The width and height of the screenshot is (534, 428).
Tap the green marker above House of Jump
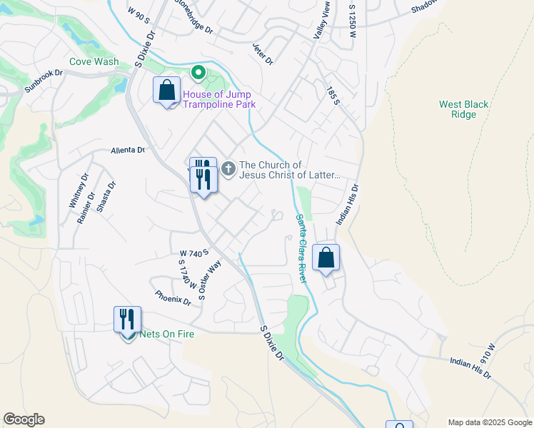[x=198, y=73]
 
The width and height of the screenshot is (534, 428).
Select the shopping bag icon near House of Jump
[x=166, y=91]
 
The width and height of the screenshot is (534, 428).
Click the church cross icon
[x=228, y=169]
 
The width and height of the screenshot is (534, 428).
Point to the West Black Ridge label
[x=464, y=109]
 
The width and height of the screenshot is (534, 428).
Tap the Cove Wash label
[x=94, y=61]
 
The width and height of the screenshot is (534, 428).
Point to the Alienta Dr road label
[x=128, y=151]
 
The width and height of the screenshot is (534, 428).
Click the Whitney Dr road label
[x=78, y=190]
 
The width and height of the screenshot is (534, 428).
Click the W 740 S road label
[x=189, y=253]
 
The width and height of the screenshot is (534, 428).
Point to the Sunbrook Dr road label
[x=44, y=84]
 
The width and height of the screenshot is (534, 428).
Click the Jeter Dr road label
[x=263, y=53]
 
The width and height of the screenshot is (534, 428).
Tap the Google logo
[x=24, y=419]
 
